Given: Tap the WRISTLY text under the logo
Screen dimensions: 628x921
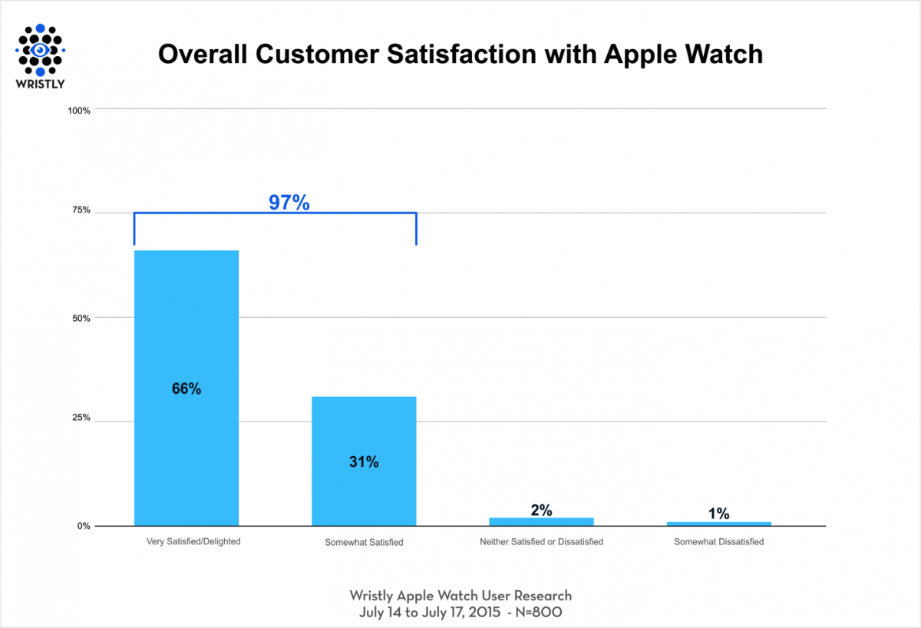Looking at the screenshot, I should pos(40,83).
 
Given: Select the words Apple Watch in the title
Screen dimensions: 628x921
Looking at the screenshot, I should pos(683,53).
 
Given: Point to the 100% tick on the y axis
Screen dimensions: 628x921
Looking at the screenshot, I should pos(79,111).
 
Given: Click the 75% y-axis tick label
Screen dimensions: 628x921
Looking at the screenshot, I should pos(81,210).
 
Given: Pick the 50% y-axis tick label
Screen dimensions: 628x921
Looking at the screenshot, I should pos(81,318).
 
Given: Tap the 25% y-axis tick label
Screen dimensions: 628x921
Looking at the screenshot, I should pos(81,418).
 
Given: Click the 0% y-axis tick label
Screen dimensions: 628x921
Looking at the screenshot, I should pos(84,526).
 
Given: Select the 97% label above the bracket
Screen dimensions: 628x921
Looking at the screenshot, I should pos(289,203).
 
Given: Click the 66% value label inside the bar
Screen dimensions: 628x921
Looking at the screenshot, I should pos(187,389).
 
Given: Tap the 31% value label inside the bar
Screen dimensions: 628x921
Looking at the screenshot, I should pos(364,462).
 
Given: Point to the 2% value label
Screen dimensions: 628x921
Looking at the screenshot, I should pos(541,510).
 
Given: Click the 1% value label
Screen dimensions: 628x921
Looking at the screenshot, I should pos(718,514).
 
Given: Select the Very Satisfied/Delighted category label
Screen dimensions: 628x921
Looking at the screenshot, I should pos(193,541).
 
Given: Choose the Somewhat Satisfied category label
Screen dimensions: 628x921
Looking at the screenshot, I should pos(364,542).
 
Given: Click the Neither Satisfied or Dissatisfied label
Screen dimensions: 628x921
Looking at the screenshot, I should pos(541,541).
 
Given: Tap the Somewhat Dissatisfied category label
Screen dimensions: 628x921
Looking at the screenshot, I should pos(718,541).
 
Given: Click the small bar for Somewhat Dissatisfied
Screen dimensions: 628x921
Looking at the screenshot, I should pos(718,524).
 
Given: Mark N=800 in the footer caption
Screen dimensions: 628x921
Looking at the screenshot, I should pos(536,613).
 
